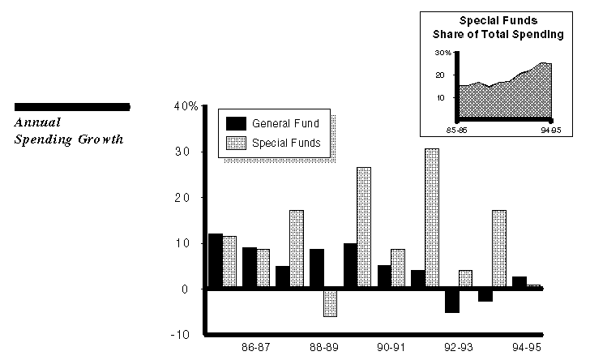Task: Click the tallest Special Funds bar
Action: (x=431, y=218)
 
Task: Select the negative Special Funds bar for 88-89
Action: (x=330, y=302)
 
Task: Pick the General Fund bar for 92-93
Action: (x=451, y=300)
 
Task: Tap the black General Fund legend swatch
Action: (x=237, y=124)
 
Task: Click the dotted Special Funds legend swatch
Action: (x=237, y=144)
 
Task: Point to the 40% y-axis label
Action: (x=186, y=106)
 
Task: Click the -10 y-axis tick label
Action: (x=180, y=334)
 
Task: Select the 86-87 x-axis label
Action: (x=256, y=347)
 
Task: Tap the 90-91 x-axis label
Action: (x=391, y=347)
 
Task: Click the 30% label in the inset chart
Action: (x=442, y=53)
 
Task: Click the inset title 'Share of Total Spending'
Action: (x=498, y=35)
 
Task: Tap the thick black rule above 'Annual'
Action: (x=73, y=106)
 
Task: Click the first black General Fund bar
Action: (x=216, y=260)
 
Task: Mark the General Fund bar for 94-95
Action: (x=519, y=282)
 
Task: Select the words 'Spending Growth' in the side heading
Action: (x=69, y=139)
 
